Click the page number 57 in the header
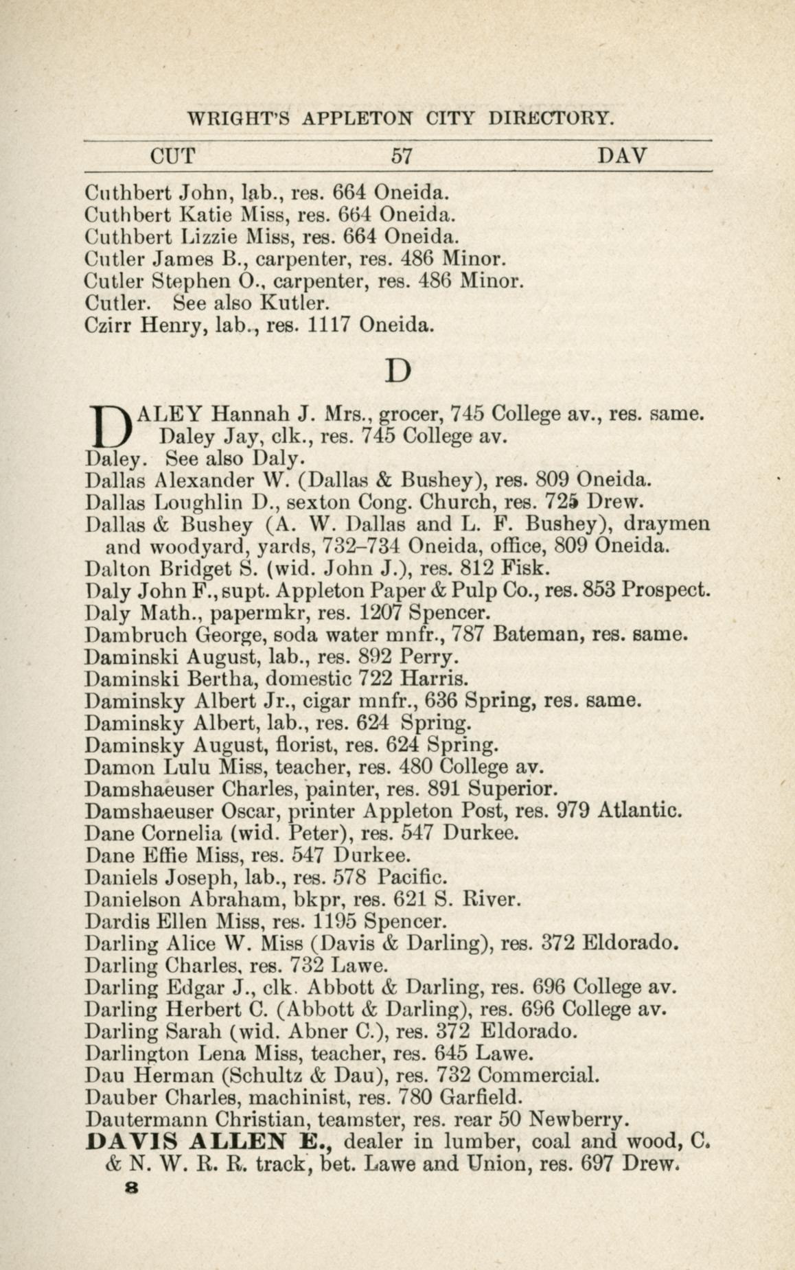click(401, 156)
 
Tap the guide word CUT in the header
click(172, 156)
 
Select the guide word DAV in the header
click(622, 156)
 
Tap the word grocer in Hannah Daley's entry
click(411, 414)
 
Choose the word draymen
click(667, 524)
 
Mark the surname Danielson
click(135, 899)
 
